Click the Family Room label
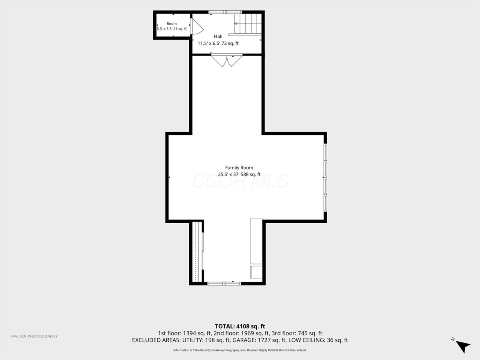pos(239,168)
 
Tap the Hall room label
pos(218,36)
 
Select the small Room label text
pos(172,24)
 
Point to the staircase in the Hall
pos(248,24)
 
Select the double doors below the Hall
pos(227,60)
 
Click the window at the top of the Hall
pos(225,12)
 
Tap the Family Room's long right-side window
pos(325,178)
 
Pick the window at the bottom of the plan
pos(224,284)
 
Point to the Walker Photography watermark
pos(34,336)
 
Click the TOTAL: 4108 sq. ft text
pos(240,326)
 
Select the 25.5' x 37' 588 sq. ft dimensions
pos(239,174)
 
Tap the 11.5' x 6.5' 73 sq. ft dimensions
pos(218,43)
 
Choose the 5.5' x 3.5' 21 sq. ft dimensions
pos(172,29)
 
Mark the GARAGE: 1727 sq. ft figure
pos(259,340)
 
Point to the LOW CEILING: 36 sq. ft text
pos(318,340)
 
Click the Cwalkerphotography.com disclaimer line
pos(240,350)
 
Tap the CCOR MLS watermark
pos(240,181)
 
